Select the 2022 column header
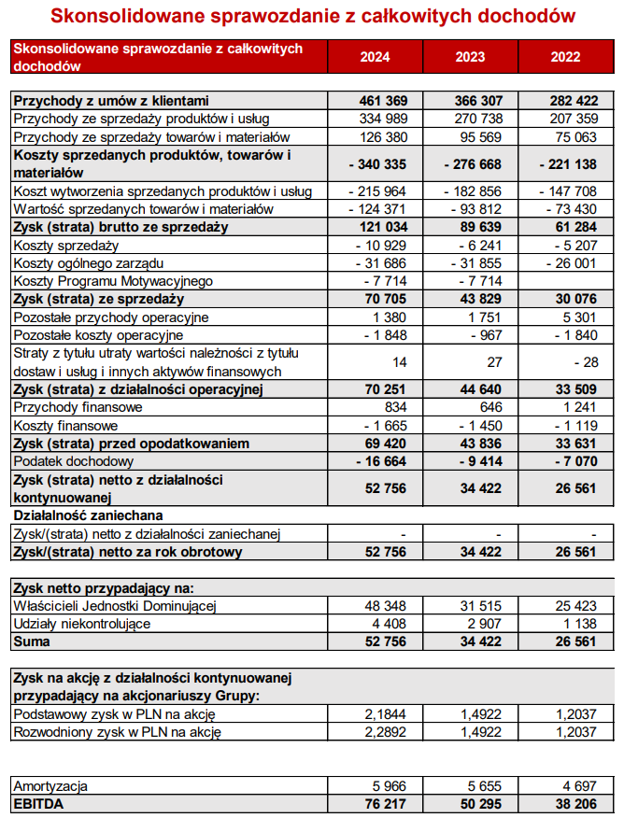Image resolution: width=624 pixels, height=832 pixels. click(x=565, y=57)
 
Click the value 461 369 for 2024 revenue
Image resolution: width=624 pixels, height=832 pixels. click(x=383, y=101)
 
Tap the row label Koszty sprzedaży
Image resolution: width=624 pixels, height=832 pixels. click(x=65, y=246)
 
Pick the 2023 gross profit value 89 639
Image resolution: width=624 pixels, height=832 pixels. click(x=479, y=228)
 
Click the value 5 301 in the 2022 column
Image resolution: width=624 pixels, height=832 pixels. click(x=578, y=317)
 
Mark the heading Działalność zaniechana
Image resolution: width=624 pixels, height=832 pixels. click(x=88, y=515)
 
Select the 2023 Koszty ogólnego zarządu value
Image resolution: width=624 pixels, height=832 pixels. click(x=477, y=263)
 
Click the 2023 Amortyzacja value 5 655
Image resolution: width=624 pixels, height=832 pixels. click(x=483, y=787)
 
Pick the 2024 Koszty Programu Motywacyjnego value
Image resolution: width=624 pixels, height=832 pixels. click(x=387, y=281)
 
